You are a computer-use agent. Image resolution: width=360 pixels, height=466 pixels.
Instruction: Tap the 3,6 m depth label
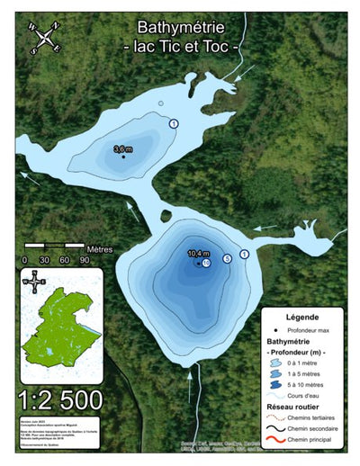[122, 148]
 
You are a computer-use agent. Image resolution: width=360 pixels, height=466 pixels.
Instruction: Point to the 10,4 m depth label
[198, 254]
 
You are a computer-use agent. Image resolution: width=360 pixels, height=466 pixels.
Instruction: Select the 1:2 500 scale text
[59, 398]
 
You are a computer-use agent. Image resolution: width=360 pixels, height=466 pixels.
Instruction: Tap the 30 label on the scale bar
[44, 260]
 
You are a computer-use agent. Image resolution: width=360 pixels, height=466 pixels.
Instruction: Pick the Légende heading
[302, 318]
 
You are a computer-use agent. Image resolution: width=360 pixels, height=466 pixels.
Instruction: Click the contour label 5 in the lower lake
[227, 258]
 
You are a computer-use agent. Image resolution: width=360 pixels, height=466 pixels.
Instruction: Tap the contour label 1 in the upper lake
[174, 121]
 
